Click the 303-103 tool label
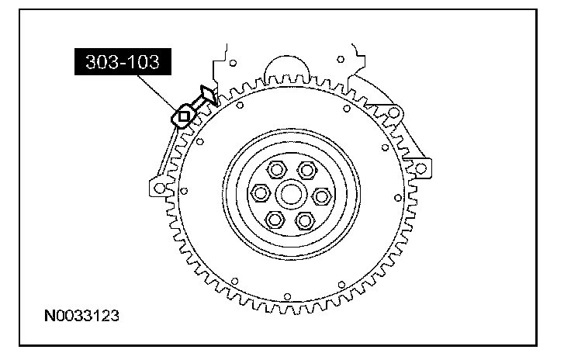coord(123,62)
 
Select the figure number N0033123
coord(81,316)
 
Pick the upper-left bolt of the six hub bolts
coord(277,170)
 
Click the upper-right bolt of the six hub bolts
coord(307,170)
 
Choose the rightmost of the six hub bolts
coord(322,196)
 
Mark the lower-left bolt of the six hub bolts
coord(275,220)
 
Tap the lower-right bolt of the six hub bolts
coord(305,220)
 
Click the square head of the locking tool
coord(184,116)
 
